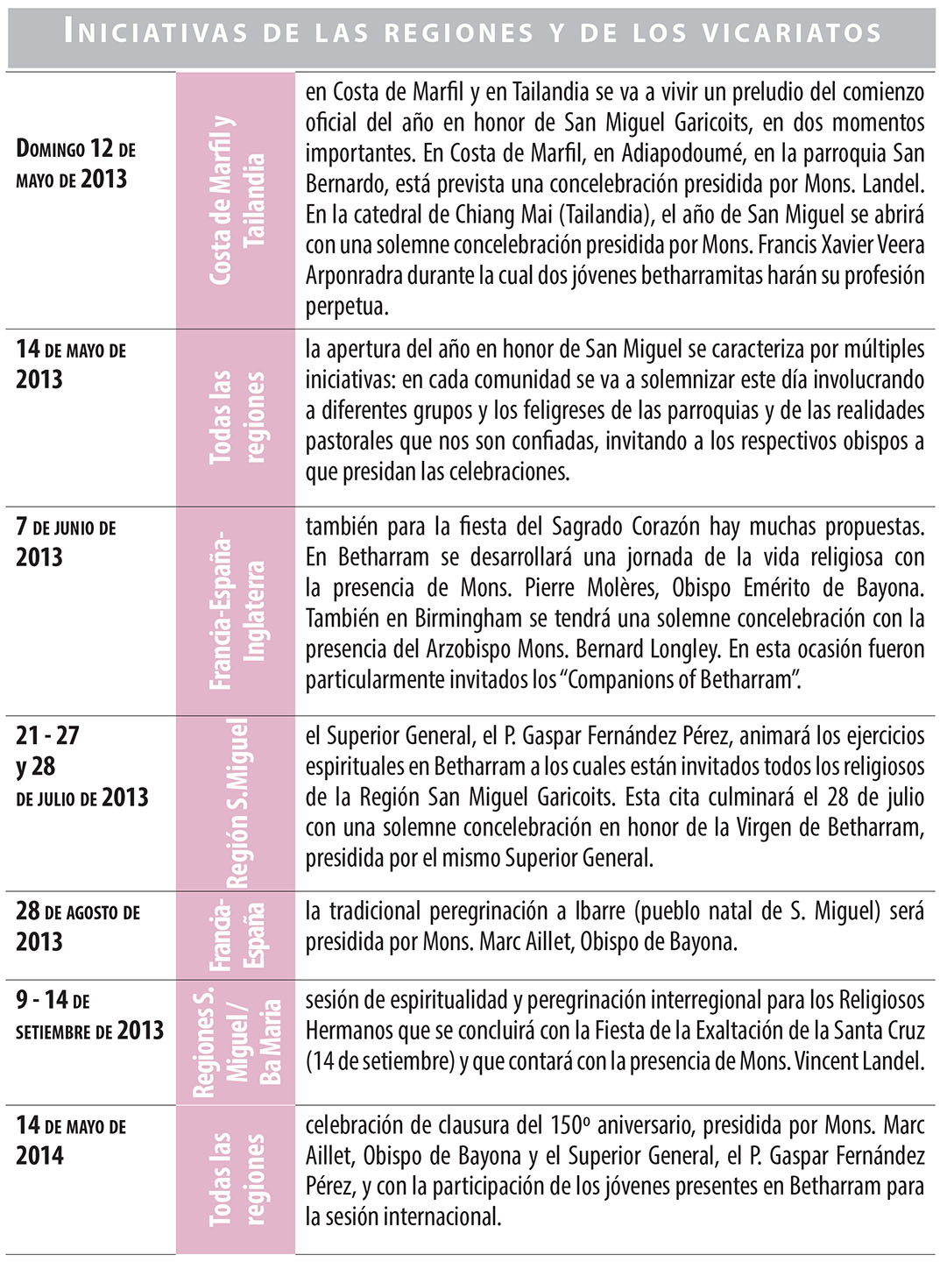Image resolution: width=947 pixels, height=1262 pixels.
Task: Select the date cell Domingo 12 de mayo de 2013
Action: [x=75, y=164]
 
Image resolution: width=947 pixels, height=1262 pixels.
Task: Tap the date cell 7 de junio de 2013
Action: [x=65, y=542]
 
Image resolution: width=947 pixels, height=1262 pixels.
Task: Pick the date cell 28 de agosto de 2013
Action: [x=77, y=926]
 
